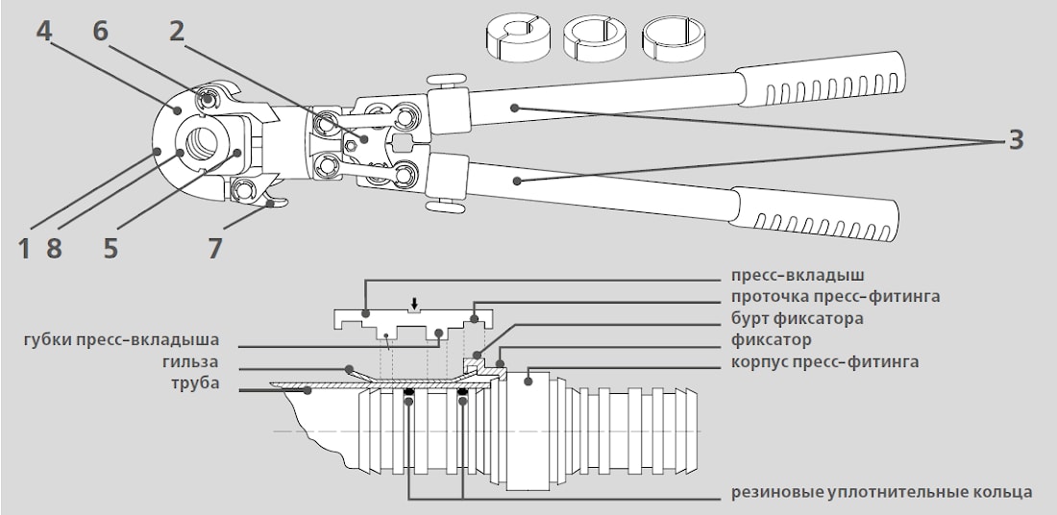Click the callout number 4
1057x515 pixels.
(x=44, y=31)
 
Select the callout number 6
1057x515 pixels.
(x=101, y=31)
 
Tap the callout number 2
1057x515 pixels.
(x=177, y=31)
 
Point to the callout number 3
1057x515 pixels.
(x=1016, y=140)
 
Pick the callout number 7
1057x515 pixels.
(x=214, y=249)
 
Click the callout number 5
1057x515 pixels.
(x=111, y=249)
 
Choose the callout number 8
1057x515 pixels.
(x=54, y=249)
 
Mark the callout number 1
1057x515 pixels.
(x=24, y=249)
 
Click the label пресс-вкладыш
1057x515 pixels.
(x=798, y=275)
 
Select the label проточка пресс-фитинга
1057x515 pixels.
(x=835, y=297)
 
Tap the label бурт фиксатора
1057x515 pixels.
(x=797, y=317)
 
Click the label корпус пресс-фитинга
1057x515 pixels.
(x=824, y=362)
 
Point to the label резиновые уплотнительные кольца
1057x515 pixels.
(x=881, y=492)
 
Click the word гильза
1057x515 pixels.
(x=190, y=362)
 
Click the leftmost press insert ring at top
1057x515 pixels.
(x=518, y=37)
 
